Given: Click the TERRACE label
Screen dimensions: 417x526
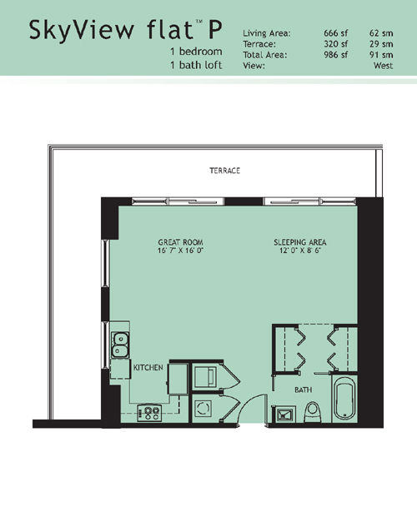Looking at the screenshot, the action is [x=225, y=171].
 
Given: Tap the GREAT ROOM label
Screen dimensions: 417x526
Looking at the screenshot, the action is [x=180, y=242].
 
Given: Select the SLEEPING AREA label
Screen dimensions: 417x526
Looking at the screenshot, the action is [x=300, y=242].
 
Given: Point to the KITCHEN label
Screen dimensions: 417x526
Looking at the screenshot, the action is [x=148, y=368].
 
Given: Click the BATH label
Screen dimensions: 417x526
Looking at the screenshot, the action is [x=303, y=390].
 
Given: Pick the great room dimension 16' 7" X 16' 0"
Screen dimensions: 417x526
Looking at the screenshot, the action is [x=181, y=251].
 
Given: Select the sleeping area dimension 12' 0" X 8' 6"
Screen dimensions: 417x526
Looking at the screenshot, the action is [x=300, y=251].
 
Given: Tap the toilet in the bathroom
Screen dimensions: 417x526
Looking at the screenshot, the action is [x=313, y=412].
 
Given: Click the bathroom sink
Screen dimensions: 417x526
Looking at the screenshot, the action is [x=284, y=415].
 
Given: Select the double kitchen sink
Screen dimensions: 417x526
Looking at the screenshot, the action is [x=120, y=345].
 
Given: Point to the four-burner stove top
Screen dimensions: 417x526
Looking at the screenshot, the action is [x=150, y=413].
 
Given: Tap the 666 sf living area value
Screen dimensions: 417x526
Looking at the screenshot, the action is [x=335, y=33].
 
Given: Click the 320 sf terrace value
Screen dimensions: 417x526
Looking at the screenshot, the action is [x=335, y=44].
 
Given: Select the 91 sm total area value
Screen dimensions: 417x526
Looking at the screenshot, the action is [x=381, y=55].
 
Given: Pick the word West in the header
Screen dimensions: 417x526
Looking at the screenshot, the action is [x=383, y=66].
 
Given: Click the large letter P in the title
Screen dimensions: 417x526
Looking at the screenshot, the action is [x=215, y=29].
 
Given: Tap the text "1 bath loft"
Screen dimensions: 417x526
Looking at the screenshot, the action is [x=196, y=65].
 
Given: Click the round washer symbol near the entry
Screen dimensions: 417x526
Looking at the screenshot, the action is [x=203, y=409].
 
